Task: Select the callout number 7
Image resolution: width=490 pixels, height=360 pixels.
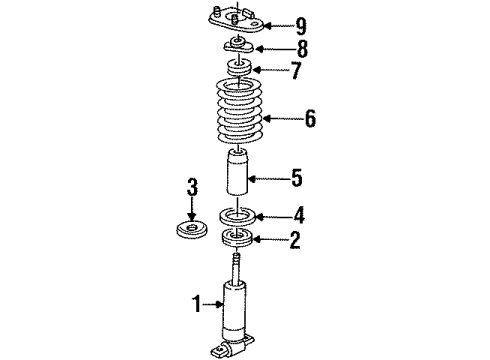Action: [x=296, y=72]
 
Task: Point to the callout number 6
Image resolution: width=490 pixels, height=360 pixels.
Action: [x=311, y=118]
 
